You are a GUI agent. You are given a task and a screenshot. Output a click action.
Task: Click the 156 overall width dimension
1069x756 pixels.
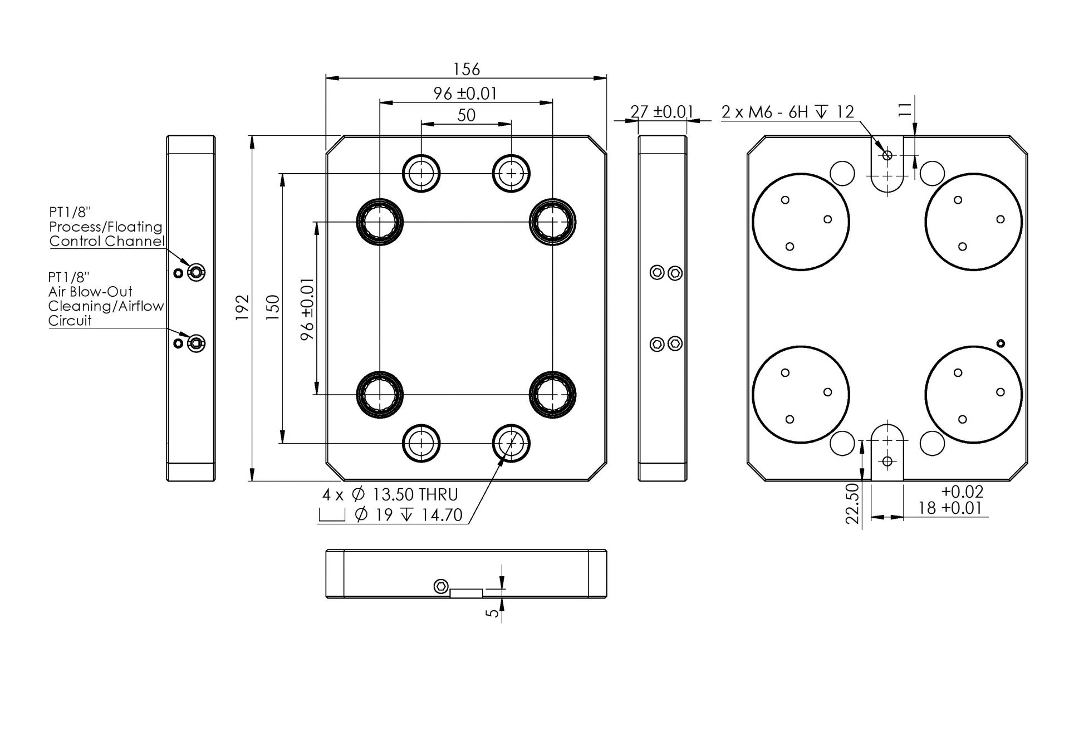point(466,69)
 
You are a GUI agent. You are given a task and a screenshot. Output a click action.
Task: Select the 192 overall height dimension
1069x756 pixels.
point(243,307)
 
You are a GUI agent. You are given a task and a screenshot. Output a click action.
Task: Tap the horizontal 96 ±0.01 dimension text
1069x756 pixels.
point(465,94)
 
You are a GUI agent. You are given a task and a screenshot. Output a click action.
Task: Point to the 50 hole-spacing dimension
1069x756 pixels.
point(466,115)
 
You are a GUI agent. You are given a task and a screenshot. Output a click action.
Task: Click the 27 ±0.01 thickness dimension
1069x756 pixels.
point(661,112)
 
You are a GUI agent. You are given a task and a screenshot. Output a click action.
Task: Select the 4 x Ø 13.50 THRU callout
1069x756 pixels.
point(390,495)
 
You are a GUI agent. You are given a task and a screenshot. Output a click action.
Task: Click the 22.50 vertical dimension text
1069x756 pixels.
point(852,503)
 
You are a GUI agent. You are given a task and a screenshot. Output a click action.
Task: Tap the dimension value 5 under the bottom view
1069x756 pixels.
point(493,612)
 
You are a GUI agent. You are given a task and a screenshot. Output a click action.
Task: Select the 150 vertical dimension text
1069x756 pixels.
point(273,307)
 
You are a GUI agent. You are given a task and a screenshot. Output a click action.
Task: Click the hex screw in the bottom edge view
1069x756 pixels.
point(441,586)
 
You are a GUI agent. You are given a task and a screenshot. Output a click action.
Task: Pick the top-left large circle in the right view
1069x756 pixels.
point(801,222)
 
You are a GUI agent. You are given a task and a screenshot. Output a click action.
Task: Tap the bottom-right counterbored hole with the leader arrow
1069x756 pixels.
point(511,443)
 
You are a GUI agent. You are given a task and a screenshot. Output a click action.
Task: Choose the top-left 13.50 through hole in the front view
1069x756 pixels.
point(421,173)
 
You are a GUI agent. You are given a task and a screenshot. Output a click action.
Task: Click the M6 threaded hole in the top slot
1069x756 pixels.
point(887,155)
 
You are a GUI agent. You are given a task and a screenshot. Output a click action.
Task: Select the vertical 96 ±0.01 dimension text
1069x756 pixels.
point(307,309)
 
